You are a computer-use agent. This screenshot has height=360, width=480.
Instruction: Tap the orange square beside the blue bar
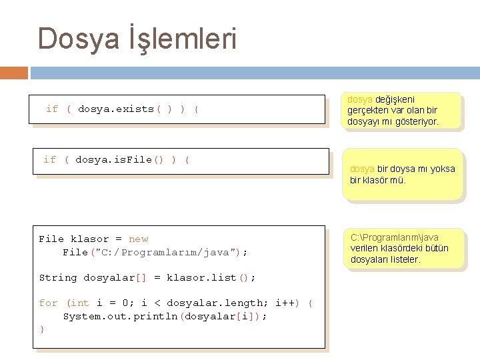[14, 72]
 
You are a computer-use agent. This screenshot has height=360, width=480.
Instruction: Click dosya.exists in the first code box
[116, 109]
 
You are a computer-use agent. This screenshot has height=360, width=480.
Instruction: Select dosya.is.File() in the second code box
[120, 159]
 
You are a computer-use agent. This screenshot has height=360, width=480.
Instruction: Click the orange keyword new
[139, 239]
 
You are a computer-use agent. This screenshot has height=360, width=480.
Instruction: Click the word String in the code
[58, 277]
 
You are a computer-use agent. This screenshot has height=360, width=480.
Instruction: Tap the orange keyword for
[48, 303]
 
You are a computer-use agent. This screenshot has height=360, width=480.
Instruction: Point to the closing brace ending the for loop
[42, 329]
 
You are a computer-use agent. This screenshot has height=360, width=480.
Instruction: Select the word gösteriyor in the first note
[415, 121]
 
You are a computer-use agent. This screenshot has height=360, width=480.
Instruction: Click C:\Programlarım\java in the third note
[395, 237]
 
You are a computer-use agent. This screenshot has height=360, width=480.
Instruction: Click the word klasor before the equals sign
[89, 239]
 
